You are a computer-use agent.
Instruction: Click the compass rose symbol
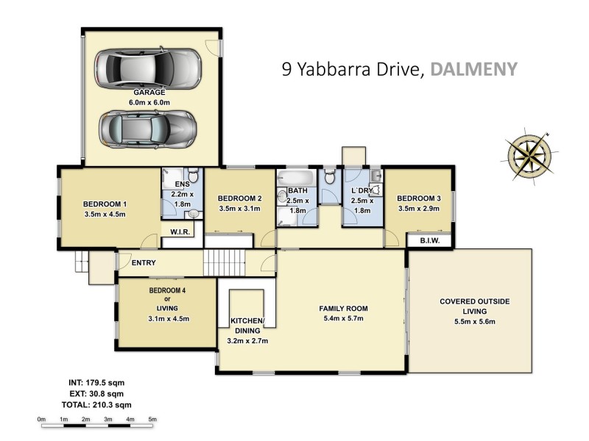click(x=529, y=153)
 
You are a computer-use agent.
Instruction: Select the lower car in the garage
click(x=148, y=130)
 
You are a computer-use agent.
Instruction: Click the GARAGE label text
click(x=149, y=93)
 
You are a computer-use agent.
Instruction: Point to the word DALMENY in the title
click(x=474, y=69)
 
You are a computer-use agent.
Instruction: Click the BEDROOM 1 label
click(x=105, y=204)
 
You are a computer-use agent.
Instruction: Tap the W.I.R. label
click(x=180, y=233)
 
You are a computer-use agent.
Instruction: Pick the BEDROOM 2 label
click(x=240, y=198)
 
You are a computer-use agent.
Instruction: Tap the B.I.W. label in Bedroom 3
click(x=429, y=239)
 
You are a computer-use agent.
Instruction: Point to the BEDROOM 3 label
click(x=418, y=198)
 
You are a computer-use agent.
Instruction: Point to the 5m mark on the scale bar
click(x=152, y=420)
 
